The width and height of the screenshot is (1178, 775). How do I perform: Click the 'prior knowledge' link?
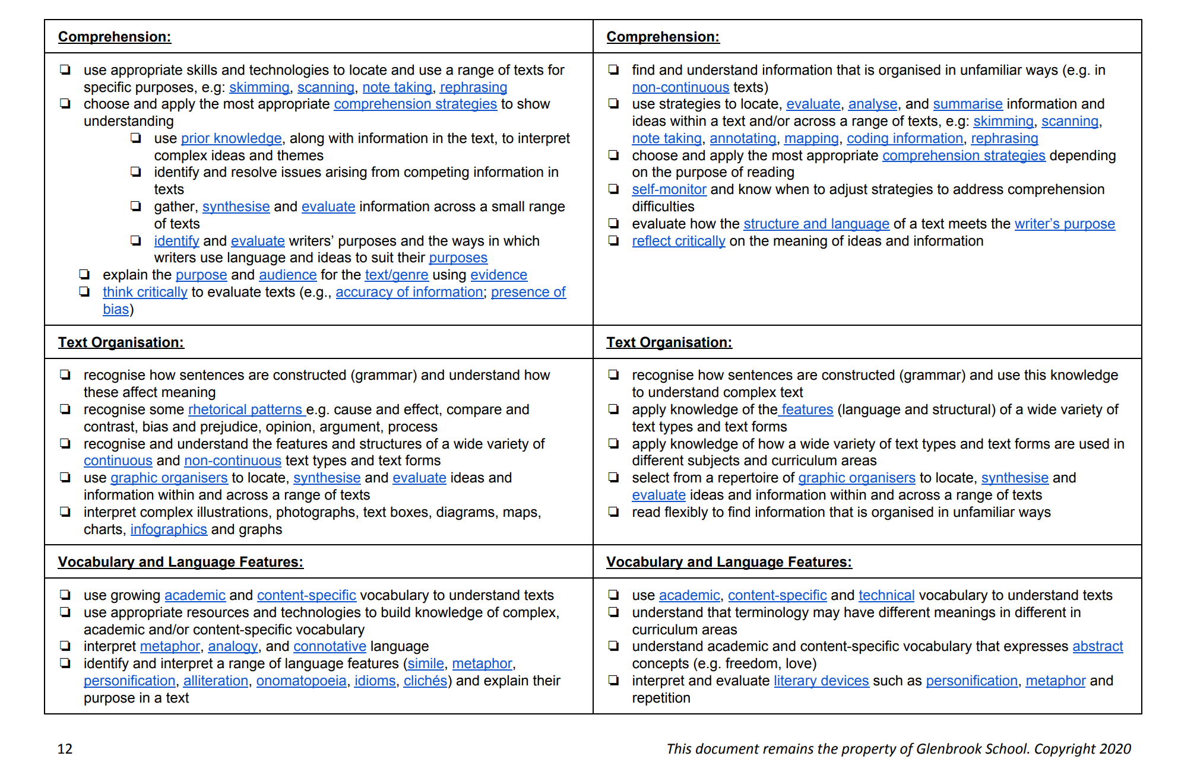pos(231,138)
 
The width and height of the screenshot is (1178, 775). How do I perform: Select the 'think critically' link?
pos(145,292)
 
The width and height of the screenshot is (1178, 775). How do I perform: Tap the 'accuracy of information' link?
pos(409,292)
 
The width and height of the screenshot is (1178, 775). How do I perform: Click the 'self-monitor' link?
pos(669,189)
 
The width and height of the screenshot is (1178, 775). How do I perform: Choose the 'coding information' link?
pos(904,138)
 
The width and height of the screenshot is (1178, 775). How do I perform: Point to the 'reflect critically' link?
pos(678,241)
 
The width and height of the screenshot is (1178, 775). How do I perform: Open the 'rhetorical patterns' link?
pos(245,409)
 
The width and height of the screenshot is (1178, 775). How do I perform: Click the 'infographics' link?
pos(169,529)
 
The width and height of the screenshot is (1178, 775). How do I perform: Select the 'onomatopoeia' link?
pos(301,681)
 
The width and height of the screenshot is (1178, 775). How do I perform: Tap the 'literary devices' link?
pos(821,681)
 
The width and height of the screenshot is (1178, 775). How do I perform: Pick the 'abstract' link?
pos(1097,646)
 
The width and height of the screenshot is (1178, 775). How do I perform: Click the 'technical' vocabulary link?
pos(886,595)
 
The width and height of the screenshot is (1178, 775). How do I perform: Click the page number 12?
pos(65,749)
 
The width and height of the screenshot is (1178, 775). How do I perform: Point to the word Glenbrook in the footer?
pos(948,749)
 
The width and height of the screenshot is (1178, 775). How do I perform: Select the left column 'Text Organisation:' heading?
pos(121,342)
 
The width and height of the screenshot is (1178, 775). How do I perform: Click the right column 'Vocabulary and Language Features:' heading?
pos(729,562)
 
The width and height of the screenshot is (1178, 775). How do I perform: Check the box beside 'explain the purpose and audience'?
pos(84,274)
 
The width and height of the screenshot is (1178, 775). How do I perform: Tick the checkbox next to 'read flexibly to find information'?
pos(613,512)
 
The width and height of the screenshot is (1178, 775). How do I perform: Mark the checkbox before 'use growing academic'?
pos(65,595)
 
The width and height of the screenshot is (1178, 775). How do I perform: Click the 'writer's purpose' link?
pos(1064,224)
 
